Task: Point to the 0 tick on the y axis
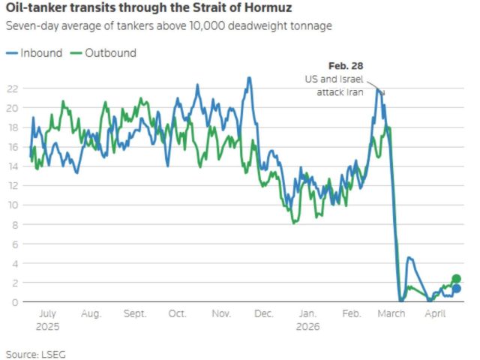(14, 302)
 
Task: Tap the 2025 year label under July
(46, 327)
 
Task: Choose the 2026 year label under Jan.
(308, 327)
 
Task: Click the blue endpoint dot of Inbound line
(456, 289)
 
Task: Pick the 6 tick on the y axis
(14, 244)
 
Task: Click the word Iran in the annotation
(354, 91)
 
